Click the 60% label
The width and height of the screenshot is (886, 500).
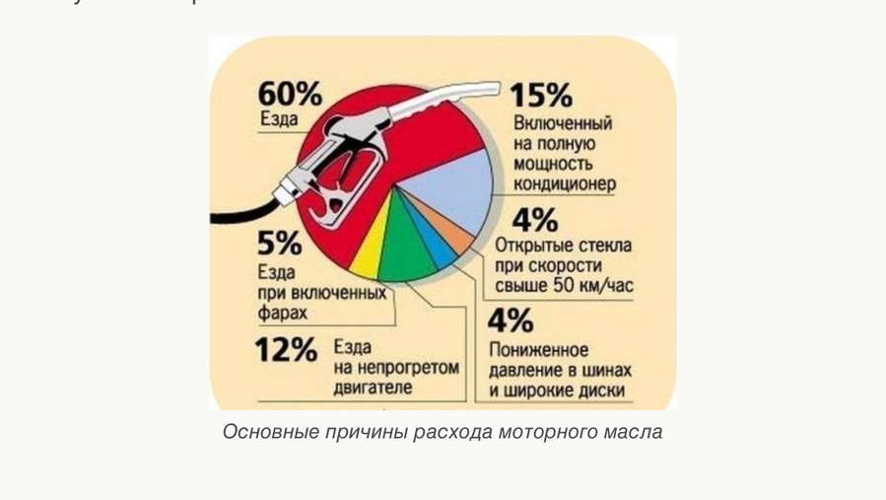[x=290, y=95]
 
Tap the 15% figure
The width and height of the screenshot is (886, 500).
[x=541, y=96]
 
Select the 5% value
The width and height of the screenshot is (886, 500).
[x=279, y=245]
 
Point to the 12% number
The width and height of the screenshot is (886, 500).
[x=286, y=350]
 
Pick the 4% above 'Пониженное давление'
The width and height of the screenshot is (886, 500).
[x=511, y=321]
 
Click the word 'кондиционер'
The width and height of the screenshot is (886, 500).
[x=565, y=183]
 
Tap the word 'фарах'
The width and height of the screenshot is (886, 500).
[x=283, y=313]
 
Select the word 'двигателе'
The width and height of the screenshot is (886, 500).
[x=373, y=388]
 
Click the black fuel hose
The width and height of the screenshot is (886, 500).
[x=241, y=208]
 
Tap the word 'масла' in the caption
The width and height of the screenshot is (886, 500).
[x=637, y=432]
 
